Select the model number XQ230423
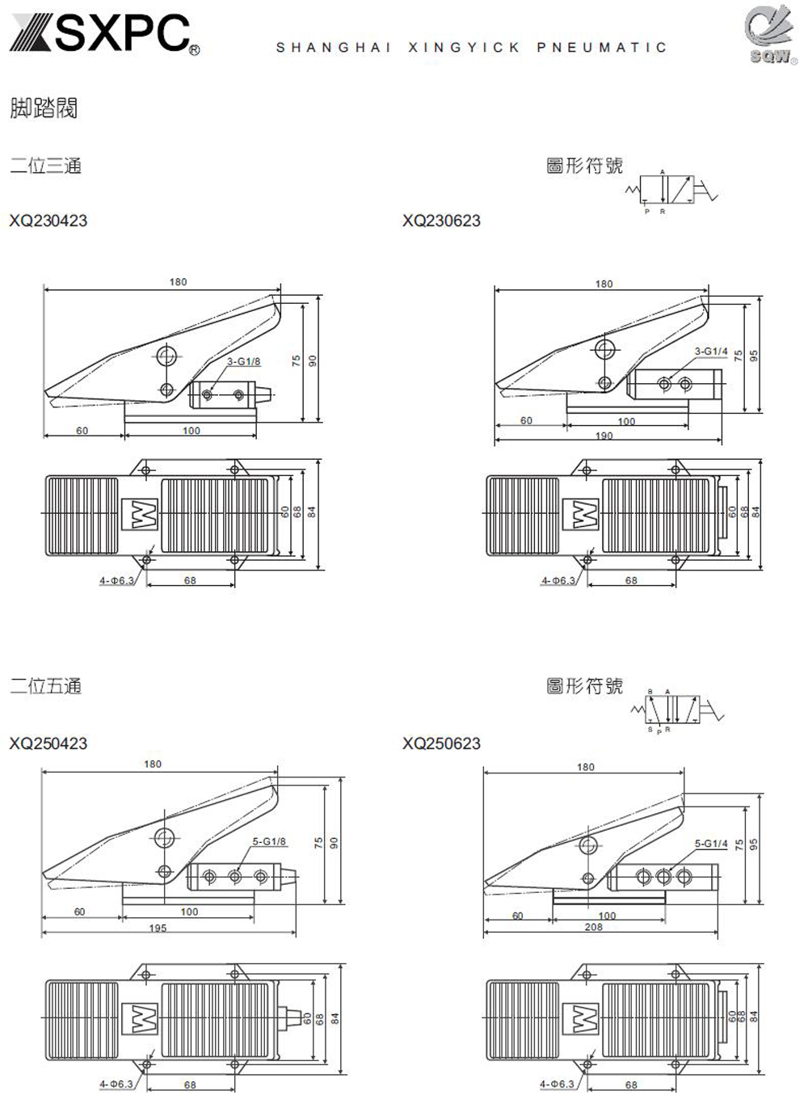click(48, 221)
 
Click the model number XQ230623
click(441, 221)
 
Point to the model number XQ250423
click(48, 743)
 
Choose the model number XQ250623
click(441, 743)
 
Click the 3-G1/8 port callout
click(243, 361)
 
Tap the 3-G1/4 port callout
click(711, 352)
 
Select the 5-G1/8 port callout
click(269, 842)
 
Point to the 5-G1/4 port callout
click(711, 844)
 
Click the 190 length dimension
click(604, 436)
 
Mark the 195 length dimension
click(158, 929)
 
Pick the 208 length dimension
click(593, 928)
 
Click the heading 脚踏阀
click(44, 107)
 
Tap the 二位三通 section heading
click(45, 166)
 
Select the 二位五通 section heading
click(45, 687)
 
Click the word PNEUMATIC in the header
click(602, 48)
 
